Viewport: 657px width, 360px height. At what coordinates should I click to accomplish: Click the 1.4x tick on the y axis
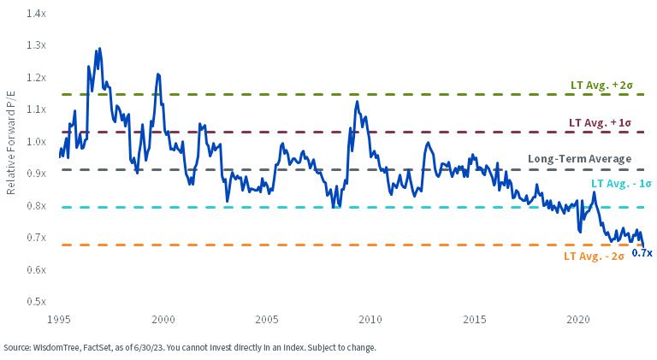36,14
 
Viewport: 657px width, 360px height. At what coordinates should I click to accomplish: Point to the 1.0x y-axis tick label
36,141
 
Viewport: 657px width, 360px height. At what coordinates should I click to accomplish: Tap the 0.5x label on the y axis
36,301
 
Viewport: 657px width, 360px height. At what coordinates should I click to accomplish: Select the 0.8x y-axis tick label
36,205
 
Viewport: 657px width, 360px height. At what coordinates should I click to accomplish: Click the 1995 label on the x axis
59,320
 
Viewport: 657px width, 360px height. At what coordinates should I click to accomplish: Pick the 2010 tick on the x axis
370,320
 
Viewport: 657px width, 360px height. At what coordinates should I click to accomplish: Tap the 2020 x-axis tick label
578,320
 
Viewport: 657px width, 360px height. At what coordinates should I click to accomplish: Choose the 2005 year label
267,320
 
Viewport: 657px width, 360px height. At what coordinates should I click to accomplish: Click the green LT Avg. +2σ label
601,85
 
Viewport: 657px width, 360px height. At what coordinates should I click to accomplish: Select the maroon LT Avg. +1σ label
600,122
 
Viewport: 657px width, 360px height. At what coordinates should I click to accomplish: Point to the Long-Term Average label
579,159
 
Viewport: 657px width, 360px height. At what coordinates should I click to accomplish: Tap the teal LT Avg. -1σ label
621,184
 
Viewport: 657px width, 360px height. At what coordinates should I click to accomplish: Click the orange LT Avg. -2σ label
594,257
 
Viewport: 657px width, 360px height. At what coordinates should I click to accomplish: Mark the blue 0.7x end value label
642,253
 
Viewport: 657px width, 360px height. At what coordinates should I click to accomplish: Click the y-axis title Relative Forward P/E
10,142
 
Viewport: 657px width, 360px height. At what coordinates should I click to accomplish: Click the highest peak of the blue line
99,49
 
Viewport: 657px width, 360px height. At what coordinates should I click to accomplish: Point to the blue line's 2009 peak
357,101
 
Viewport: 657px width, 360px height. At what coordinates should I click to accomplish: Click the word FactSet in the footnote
97,348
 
